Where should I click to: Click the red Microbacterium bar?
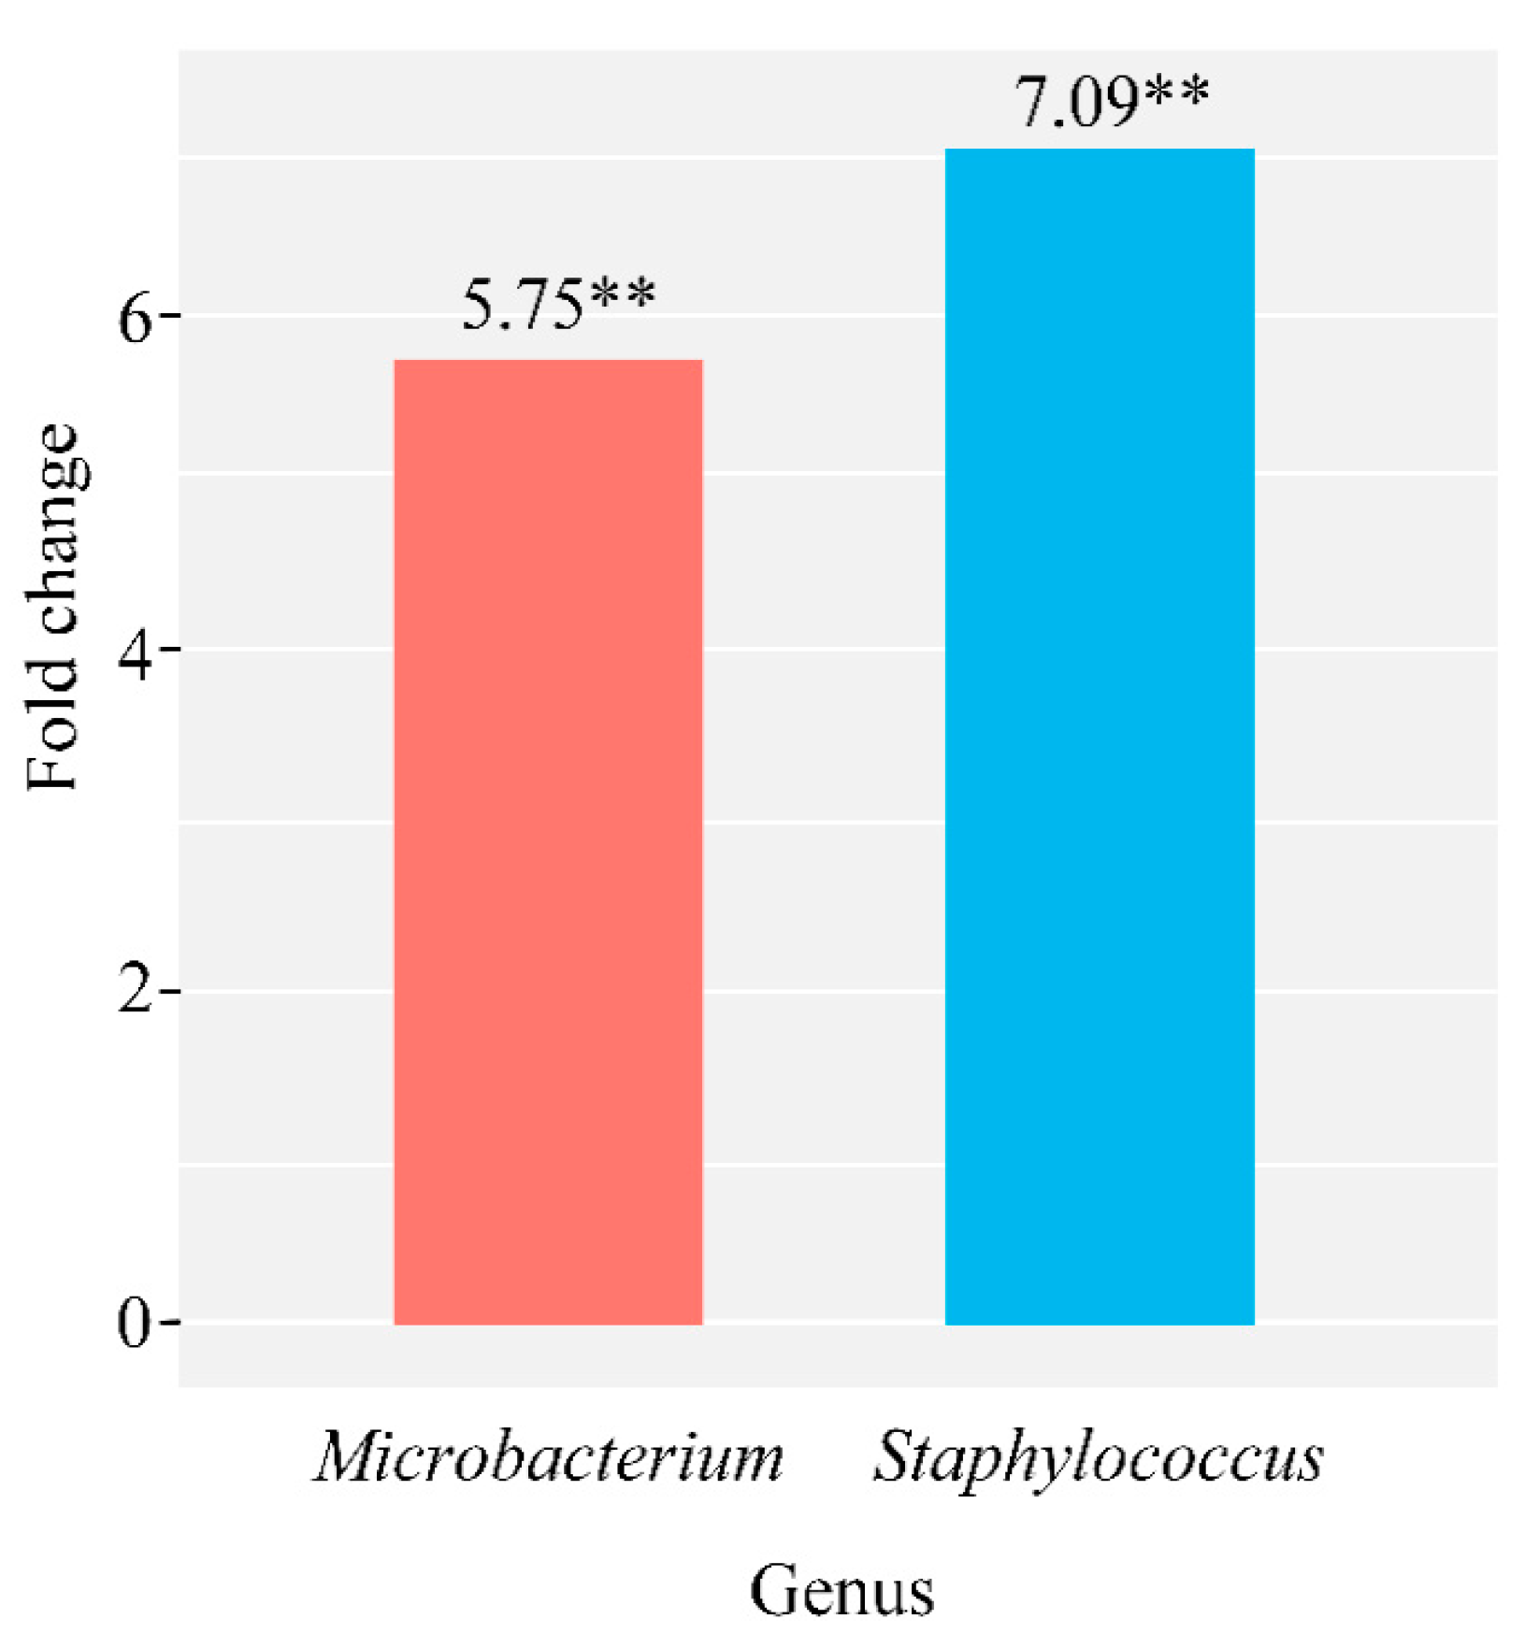(x=548, y=841)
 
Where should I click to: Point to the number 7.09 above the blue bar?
(x=1076, y=102)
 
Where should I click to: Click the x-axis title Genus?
(x=841, y=1592)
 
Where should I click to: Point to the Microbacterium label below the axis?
(x=548, y=1457)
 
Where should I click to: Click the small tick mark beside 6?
(x=169, y=316)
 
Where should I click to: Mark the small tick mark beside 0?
(x=169, y=1323)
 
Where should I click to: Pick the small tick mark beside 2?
(x=169, y=990)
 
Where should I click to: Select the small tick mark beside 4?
(x=169, y=648)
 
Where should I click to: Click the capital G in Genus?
(x=771, y=1591)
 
